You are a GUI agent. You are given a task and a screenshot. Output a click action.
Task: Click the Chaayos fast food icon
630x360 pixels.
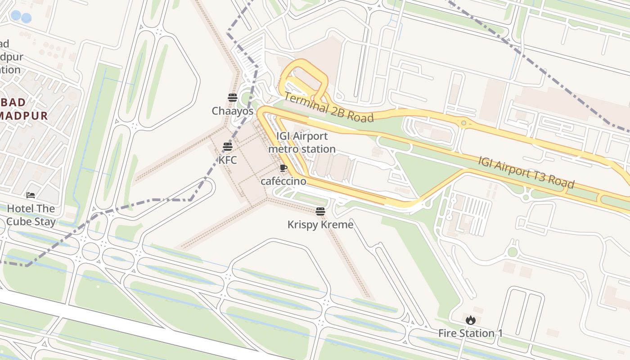pyautogui.click(x=232, y=98)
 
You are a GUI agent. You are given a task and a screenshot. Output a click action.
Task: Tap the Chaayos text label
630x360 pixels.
pyautogui.click(x=233, y=111)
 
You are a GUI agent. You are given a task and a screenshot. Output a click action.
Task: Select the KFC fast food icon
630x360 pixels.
pyautogui.click(x=228, y=147)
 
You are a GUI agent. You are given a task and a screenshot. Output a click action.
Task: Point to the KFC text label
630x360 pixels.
pyautogui.click(x=228, y=160)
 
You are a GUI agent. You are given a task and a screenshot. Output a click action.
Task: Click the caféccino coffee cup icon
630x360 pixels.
pyautogui.click(x=283, y=168)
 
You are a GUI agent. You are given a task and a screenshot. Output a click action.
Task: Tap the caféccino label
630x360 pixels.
pyautogui.click(x=283, y=181)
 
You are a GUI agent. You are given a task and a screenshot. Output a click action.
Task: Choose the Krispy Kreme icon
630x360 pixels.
pyautogui.click(x=320, y=211)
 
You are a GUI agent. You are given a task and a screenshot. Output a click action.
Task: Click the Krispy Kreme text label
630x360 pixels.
pyautogui.click(x=320, y=225)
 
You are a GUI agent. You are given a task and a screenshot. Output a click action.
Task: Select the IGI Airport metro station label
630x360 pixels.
pyautogui.click(x=302, y=142)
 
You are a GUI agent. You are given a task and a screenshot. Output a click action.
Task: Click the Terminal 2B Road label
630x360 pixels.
pyautogui.click(x=328, y=108)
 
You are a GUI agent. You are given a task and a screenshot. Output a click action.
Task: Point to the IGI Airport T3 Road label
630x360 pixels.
pyautogui.click(x=526, y=172)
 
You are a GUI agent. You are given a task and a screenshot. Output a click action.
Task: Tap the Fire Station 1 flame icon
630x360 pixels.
pyautogui.click(x=471, y=320)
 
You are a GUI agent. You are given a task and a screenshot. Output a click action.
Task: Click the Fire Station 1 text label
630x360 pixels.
pyautogui.click(x=471, y=333)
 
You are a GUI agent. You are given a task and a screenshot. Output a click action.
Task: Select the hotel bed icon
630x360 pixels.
pyautogui.click(x=31, y=195)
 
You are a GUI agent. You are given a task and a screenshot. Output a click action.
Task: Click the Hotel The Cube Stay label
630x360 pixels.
pyautogui.click(x=31, y=215)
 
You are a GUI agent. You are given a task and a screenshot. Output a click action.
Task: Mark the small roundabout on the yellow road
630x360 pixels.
pyautogui.click(x=463, y=122)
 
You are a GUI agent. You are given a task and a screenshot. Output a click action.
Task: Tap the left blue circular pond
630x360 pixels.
pyautogui.click(x=16, y=16)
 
